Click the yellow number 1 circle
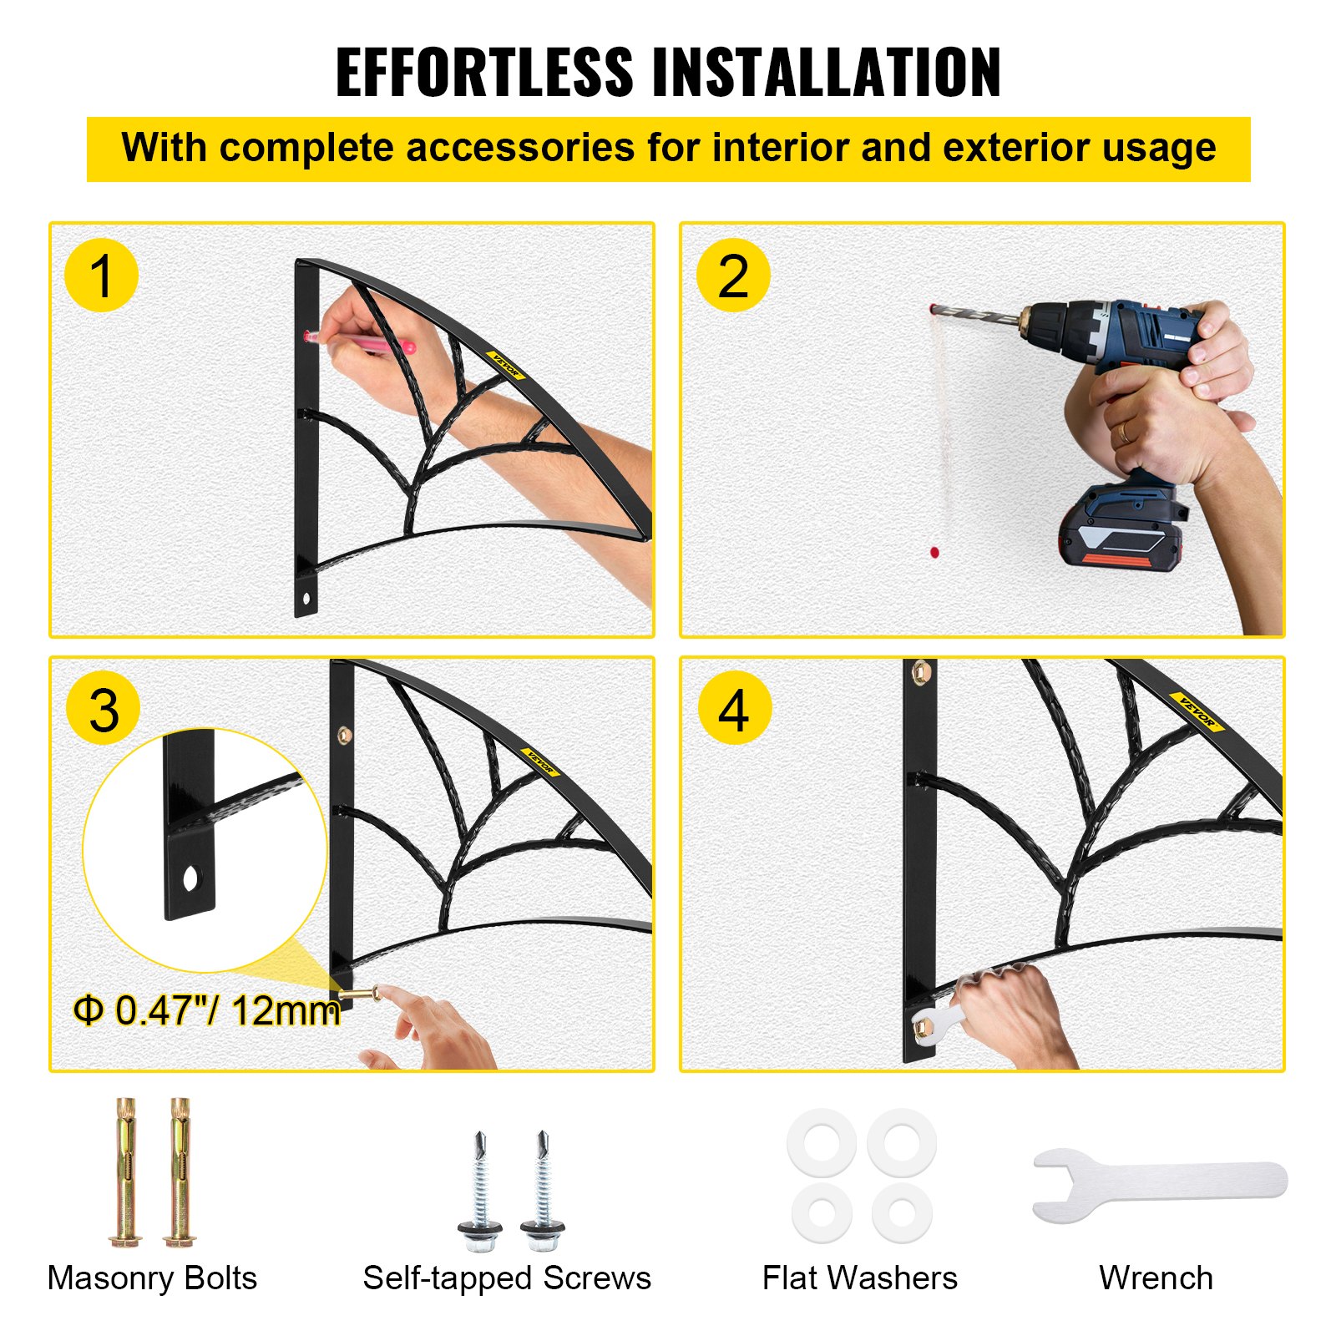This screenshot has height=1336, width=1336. point(101,276)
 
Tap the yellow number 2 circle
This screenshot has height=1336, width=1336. point(733,276)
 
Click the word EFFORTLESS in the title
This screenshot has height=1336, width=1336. point(484,73)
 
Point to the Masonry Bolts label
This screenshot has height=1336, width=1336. point(152,1278)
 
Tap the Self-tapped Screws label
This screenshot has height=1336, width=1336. point(507,1278)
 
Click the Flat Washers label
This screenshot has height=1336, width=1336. point(859,1278)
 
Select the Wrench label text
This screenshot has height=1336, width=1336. point(1156,1278)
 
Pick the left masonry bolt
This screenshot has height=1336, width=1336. point(125,1173)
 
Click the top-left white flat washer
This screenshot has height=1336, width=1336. point(822,1142)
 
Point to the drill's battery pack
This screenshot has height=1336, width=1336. point(1119,530)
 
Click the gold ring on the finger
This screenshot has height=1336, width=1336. point(1125,432)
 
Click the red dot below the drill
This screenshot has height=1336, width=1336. point(934,552)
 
